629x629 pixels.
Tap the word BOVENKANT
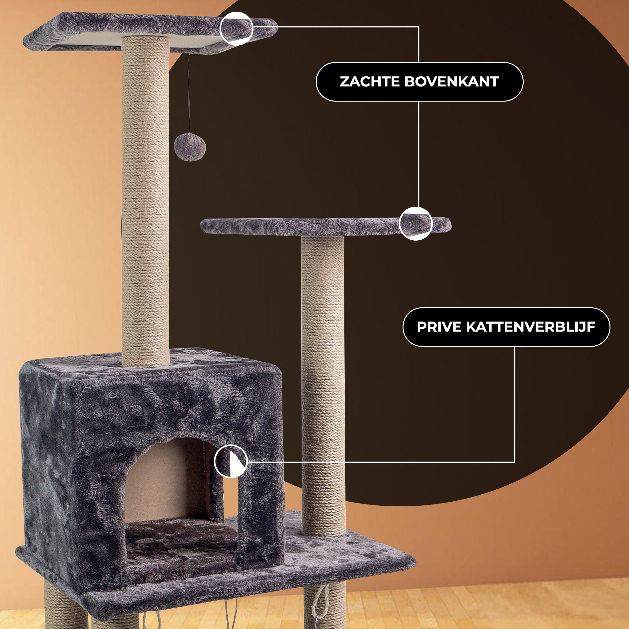tap(452, 82)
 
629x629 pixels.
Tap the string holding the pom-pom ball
tap(188, 94)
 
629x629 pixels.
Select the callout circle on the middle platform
tap(416, 224)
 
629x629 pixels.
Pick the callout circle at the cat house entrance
tap(231, 462)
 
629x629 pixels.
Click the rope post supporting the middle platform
tap(323, 386)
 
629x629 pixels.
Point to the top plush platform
tap(150, 33)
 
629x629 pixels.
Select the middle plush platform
tap(326, 226)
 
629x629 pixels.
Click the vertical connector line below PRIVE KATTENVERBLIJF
tap(515, 404)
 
